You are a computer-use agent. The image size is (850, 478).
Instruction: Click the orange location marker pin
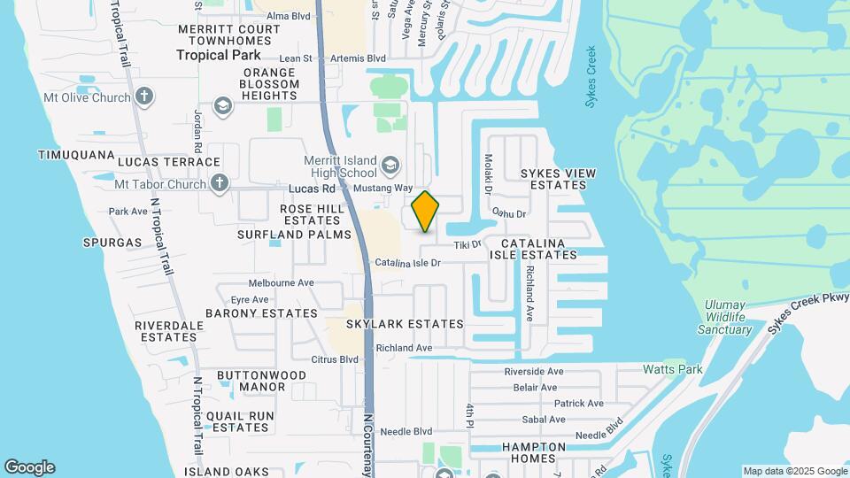pos(426,212)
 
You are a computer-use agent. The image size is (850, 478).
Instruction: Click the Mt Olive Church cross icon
pos(145,97)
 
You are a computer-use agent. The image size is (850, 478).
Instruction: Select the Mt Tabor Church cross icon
pos(220,184)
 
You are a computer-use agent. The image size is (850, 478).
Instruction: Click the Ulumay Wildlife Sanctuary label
pos(729,317)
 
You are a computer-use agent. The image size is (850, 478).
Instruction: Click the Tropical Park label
pos(218,55)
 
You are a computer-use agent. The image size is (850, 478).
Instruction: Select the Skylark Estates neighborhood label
pos(405,324)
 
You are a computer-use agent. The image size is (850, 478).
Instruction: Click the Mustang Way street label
pos(383,189)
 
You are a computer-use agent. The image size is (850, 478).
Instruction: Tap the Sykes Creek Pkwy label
pos(807,312)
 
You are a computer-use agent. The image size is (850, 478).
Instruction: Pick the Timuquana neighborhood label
pos(76,154)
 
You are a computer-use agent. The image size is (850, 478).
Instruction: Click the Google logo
pos(29,467)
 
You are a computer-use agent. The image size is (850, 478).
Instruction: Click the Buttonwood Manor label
pos(262,381)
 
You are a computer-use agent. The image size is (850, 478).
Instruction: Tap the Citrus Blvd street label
pos(335,359)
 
